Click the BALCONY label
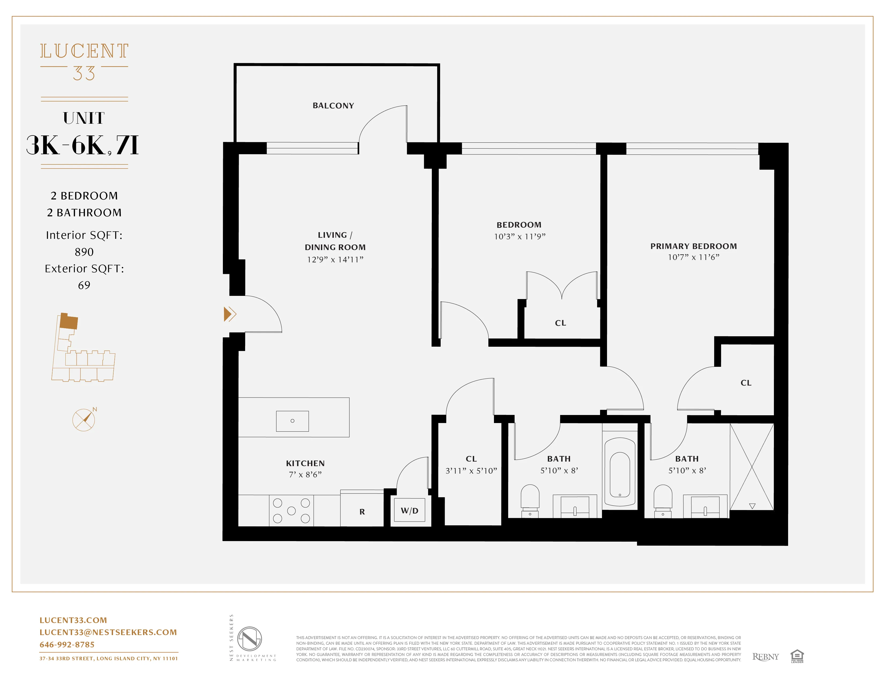[333, 105]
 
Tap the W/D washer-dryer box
[409, 511]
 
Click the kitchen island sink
[292, 421]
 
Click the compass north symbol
[84, 420]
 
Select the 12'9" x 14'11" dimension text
[335, 260]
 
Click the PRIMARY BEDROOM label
[693, 246]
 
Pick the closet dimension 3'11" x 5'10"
[471, 471]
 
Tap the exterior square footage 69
[84, 285]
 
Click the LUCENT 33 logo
[84, 62]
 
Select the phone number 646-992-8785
[67, 644]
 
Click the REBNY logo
[765, 657]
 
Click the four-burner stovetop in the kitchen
[291, 511]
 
